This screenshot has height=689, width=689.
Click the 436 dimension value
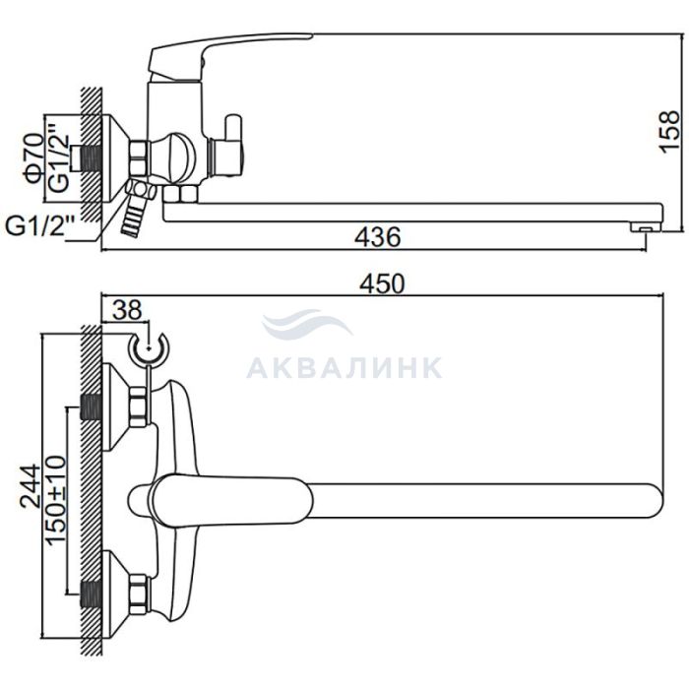(x=377, y=237)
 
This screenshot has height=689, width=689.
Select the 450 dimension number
(x=382, y=283)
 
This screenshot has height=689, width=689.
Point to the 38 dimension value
(x=127, y=310)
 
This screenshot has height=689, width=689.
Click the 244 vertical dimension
(x=31, y=485)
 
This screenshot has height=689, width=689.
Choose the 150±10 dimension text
(x=56, y=493)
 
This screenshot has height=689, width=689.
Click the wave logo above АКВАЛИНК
(x=307, y=324)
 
